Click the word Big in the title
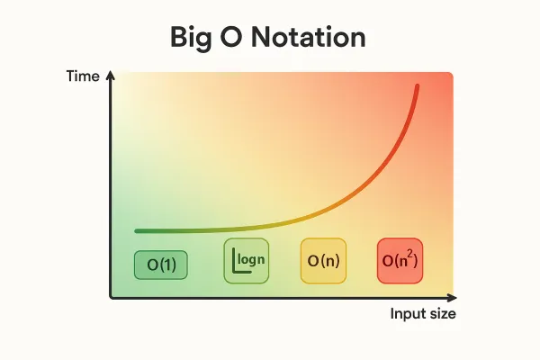[193, 39]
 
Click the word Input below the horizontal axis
[407, 314]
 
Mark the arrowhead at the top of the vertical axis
[110, 76]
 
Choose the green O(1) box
[161, 265]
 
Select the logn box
[247, 261]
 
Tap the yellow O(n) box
[323, 261]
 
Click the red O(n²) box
[400, 261]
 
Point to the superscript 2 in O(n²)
[412, 255]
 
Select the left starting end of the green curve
[137, 231]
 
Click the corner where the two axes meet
[111, 296]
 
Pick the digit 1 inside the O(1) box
[169, 265]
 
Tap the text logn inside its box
[253, 259]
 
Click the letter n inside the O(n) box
[329, 262]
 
